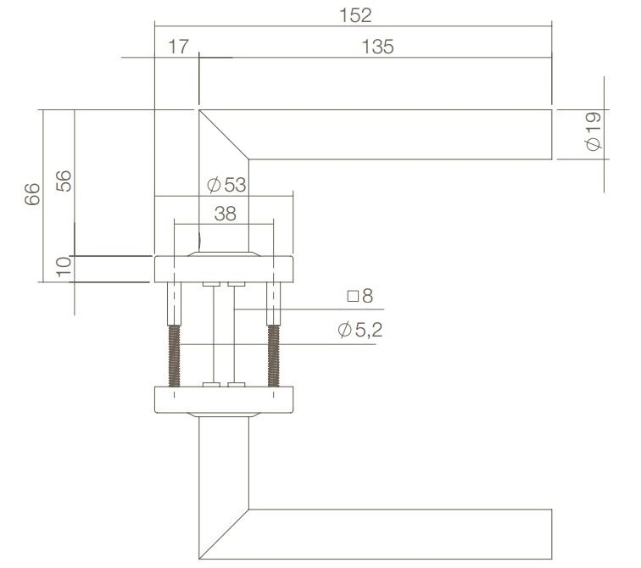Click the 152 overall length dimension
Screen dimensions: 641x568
tap(355, 15)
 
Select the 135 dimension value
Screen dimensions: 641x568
tap(377, 47)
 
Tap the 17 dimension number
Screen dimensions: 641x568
tap(178, 47)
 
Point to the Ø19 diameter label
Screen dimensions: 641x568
tap(594, 131)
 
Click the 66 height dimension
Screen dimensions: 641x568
tap(32, 193)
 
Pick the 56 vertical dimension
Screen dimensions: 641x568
tap(64, 181)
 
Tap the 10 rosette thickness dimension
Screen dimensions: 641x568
tap(64, 267)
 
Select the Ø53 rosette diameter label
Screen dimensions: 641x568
tap(226, 185)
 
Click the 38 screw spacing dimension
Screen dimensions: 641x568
tap(226, 214)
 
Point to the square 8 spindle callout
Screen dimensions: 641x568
tap(360, 296)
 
